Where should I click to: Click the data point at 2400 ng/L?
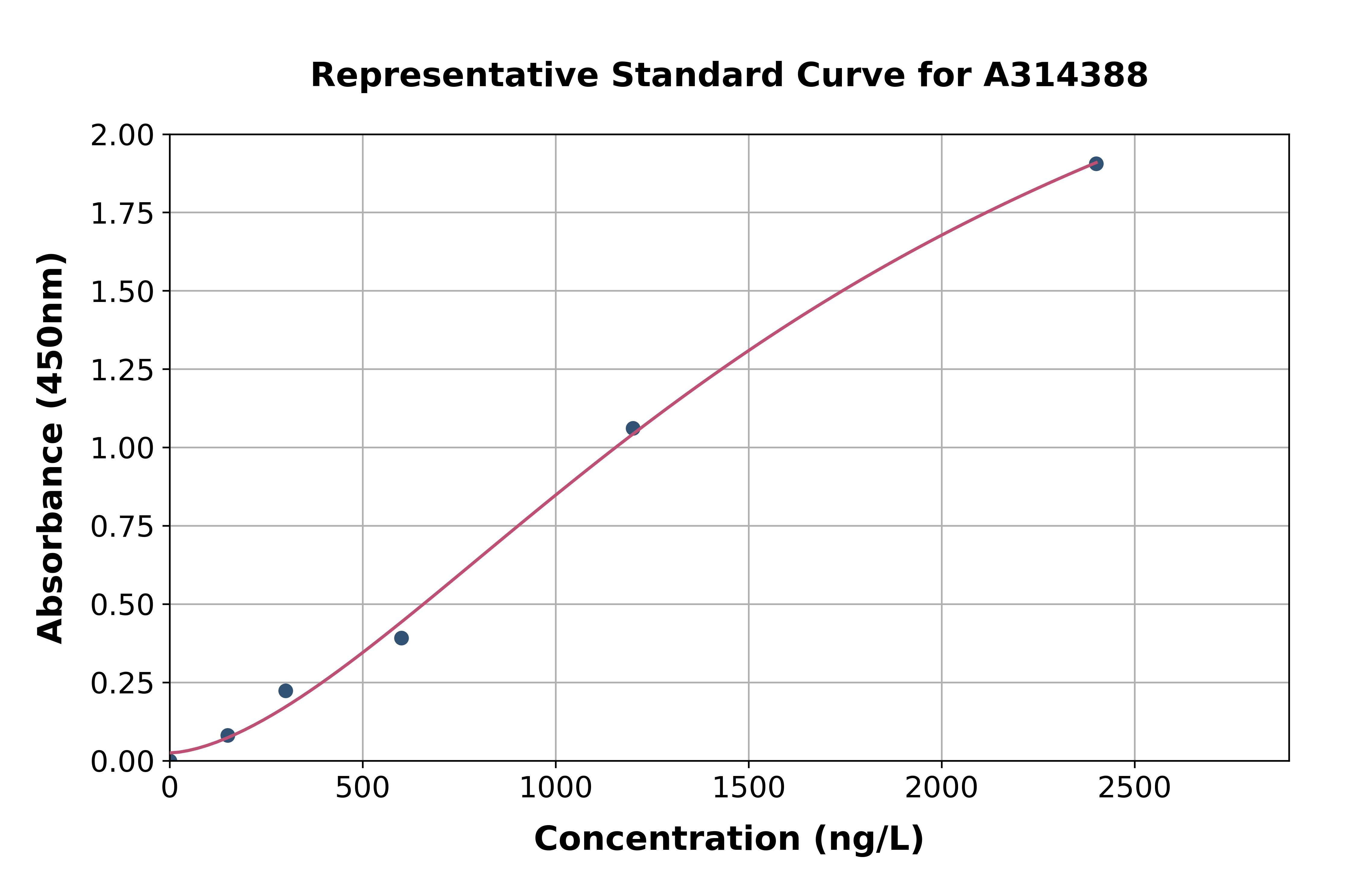1096,164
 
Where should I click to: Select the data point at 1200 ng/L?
633,428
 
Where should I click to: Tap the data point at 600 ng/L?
401,638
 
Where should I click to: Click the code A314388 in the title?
1065,75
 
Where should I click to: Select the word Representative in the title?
454,75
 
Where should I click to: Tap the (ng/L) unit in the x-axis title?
868,839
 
